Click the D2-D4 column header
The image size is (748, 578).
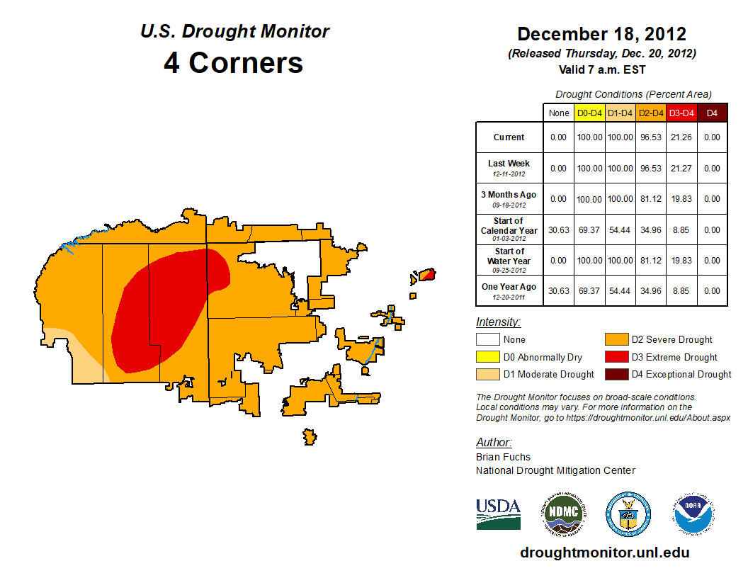click(x=650, y=113)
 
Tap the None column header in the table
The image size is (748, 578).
click(x=559, y=113)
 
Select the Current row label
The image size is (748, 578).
click(x=509, y=137)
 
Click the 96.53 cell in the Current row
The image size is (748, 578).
click(x=650, y=137)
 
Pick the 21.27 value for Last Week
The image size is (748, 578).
click(x=681, y=169)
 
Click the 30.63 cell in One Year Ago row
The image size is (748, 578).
click(x=559, y=290)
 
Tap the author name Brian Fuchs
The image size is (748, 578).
click(x=503, y=457)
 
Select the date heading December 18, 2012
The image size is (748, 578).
click(x=601, y=34)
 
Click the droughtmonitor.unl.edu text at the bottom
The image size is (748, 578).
click(x=604, y=552)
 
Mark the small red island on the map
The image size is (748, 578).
click(x=426, y=274)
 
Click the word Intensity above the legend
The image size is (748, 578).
click(x=498, y=322)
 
